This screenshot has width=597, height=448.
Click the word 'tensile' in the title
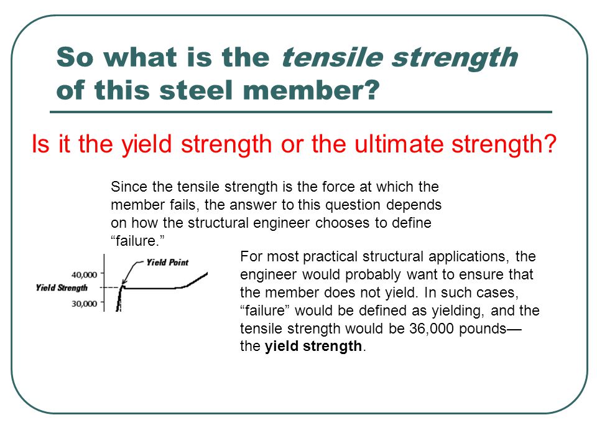(x=332, y=57)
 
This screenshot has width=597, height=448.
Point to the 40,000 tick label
(x=84, y=274)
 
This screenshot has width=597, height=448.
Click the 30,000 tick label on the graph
(x=84, y=304)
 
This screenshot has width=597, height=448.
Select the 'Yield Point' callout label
(x=167, y=262)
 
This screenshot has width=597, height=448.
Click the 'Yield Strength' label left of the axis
(x=62, y=287)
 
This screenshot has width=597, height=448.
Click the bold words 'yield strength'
(x=313, y=347)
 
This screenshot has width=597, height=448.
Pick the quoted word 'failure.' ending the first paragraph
(x=137, y=241)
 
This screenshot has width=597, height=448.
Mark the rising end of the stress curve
(x=206, y=273)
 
